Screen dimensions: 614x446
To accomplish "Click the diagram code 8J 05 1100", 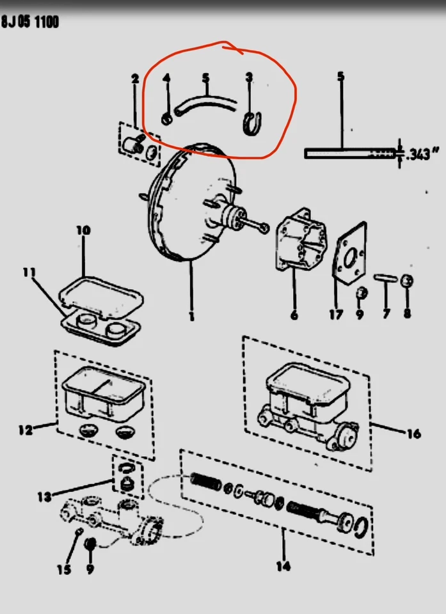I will pos(30,22).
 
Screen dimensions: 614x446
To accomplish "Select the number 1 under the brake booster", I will pos(191,315).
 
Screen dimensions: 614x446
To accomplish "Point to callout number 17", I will pos(336,315).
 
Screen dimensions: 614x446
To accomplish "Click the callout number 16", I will pos(413,434).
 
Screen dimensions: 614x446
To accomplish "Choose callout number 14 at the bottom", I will pos(283,565).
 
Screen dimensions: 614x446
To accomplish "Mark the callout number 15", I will pos(63,569).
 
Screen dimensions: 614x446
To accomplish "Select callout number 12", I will pos(26,430).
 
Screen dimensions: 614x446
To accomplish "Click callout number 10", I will pos(84,230).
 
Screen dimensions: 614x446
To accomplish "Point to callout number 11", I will pos(29,272).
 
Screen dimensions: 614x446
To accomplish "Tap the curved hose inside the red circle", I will pos(205,102).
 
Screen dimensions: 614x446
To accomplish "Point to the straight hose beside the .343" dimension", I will pos(346,153).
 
